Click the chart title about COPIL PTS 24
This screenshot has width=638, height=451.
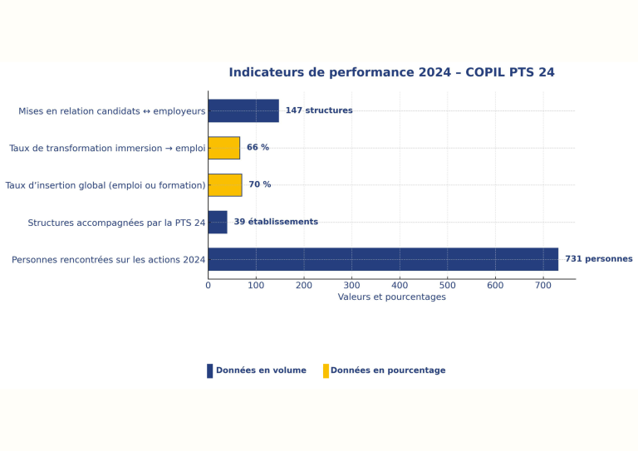point(391,72)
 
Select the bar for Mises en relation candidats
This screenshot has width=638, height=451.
point(243,110)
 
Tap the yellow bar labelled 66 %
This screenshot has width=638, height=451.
point(223,148)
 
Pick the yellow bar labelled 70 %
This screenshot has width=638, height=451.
point(224,184)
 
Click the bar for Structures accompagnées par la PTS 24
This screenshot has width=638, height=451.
point(218,222)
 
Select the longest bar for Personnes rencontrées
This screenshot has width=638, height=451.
point(383,259)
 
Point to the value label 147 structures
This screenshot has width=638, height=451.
point(319,110)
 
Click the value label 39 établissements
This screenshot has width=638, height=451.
point(276,222)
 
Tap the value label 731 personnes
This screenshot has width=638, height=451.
point(598,259)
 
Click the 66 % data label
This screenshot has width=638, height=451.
point(258,148)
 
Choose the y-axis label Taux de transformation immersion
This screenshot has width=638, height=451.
point(107,149)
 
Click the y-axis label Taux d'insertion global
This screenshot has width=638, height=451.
point(106,185)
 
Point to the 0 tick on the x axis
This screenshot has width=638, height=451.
point(209,285)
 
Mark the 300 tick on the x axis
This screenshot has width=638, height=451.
point(351,285)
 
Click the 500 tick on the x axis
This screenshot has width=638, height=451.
point(448,285)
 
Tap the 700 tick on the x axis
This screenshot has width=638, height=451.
point(543,285)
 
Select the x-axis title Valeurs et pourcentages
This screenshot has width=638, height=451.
point(391,297)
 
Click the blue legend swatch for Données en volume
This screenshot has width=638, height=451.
point(209,370)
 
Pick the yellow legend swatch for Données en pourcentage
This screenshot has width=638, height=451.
point(326,370)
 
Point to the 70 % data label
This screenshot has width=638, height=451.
point(259,184)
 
